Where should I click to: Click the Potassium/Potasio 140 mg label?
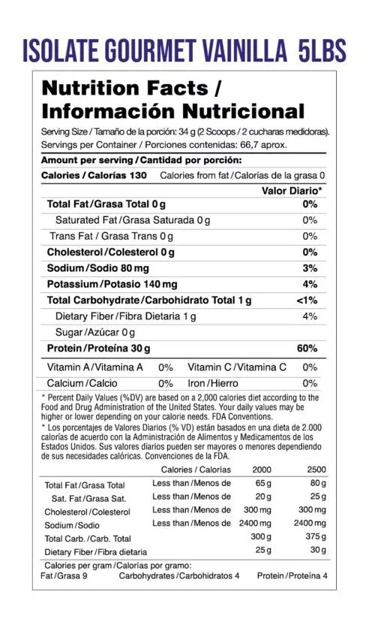pyautogui.click(x=112, y=285)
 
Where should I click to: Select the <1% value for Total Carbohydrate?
pyautogui.click(x=307, y=300)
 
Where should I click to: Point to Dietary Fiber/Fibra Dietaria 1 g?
pyautogui.click(x=125, y=316)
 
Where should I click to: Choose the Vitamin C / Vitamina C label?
pyautogui.click(x=237, y=367)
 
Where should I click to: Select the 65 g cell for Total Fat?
pyautogui.click(x=262, y=484)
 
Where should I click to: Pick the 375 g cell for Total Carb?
pyautogui.click(x=316, y=537)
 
